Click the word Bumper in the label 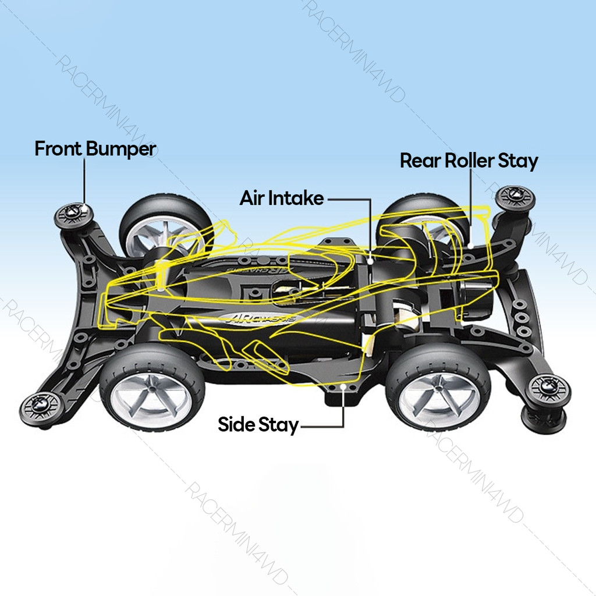click(x=121, y=149)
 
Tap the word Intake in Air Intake click(x=296, y=198)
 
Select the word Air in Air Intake click(x=251, y=198)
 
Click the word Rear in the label click(x=420, y=161)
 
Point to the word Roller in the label click(x=470, y=161)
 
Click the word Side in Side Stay click(x=236, y=425)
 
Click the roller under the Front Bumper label click(x=74, y=216)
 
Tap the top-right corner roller click(x=515, y=199)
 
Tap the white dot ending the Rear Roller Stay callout click(x=469, y=247)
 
